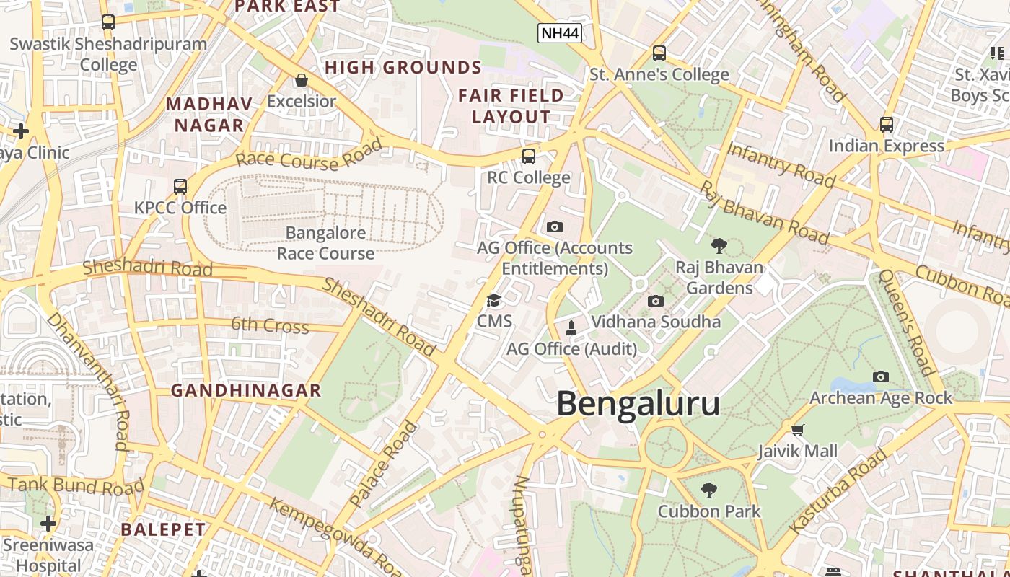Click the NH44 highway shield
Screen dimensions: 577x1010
(x=560, y=33)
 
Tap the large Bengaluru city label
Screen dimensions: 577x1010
(x=638, y=404)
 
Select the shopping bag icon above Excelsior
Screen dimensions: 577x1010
(x=302, y=80)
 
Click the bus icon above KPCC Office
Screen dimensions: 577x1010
(x=180, y=186)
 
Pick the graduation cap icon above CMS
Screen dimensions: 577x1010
(x=494, y=300)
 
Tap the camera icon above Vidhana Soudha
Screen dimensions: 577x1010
(x=655, y=301)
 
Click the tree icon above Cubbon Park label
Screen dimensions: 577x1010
(x=708, y=490)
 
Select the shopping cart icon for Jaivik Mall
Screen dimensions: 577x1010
(x=797, y=431)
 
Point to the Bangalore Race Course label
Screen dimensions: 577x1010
(x=325, y=243)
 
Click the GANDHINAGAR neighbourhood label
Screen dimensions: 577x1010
(x=245, y=391)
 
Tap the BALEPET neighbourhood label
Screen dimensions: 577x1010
(x=163, y=529)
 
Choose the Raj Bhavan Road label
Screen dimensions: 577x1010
(x=765, y=212)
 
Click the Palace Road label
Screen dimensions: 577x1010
(x=383, y=464)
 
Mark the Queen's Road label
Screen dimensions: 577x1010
(x=907, y=322)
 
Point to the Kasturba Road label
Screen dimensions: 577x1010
(x=838, y=491)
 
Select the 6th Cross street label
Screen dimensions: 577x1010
(x=270, y=325)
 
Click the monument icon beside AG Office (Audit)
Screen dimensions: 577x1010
(x=571, y=329)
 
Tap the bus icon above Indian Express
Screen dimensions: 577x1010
(x=886, y=125)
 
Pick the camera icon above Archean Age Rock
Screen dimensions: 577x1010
(x=880, y=376)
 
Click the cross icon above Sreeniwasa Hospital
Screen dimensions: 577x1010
(x=48, y=523)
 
